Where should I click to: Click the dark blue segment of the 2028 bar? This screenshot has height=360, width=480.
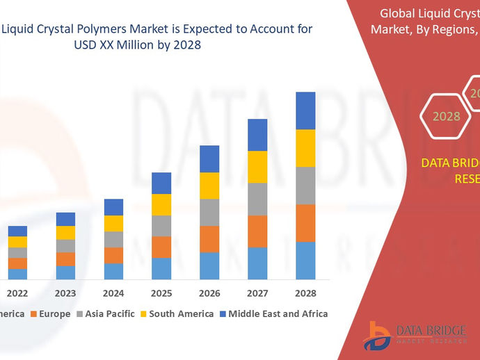pos(305,111)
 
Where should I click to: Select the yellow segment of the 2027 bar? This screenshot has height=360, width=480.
pos(257,167)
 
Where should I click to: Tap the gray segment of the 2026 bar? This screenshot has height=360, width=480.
pos(209,212)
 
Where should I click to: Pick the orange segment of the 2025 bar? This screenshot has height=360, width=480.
pos(161,247)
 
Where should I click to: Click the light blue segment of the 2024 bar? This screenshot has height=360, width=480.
pos(113,271)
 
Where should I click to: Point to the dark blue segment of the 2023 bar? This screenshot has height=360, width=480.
pos(65,219)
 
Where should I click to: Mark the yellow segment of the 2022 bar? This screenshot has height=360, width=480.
pos(17,242)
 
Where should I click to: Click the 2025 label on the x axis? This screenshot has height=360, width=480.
pos(161,293)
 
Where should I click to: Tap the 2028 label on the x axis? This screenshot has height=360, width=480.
pos(305,293)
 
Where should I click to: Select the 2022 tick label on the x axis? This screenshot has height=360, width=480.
pos(17,293)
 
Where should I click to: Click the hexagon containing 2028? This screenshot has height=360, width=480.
pos(446,116)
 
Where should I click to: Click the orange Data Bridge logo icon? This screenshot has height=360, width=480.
pos(376,335)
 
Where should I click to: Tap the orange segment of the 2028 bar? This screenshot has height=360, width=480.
pos(305,223)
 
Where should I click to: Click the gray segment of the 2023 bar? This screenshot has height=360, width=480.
pos(65,246)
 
